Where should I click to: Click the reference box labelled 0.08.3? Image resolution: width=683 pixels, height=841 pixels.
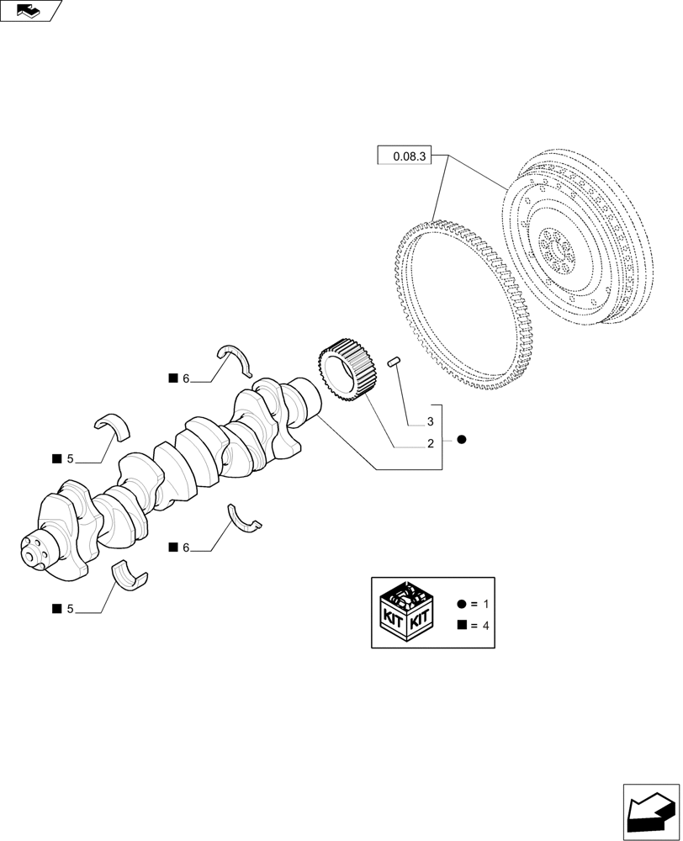tap(404, 156)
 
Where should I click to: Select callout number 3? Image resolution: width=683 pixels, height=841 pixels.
tap(430, 421)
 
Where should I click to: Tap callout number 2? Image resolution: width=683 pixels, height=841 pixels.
tap(430, 443)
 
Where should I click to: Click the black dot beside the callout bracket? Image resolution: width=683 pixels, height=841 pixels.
tap(461, 439)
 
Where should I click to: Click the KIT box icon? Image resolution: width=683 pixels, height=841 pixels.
tap(407, 611)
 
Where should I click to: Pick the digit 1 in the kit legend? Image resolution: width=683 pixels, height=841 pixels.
tap(485, 605)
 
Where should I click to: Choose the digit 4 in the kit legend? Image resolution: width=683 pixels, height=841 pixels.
tap(485, 626)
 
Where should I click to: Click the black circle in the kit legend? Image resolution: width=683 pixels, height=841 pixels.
tap(461, 605)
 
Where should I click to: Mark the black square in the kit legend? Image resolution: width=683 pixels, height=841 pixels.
tap(461, 625)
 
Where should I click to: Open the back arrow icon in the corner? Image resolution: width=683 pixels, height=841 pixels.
tap(650, 812)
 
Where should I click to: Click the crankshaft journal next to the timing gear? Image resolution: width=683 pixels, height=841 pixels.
tap(304, 399)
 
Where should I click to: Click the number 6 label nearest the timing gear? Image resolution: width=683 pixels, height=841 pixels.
tap(186, 378)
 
